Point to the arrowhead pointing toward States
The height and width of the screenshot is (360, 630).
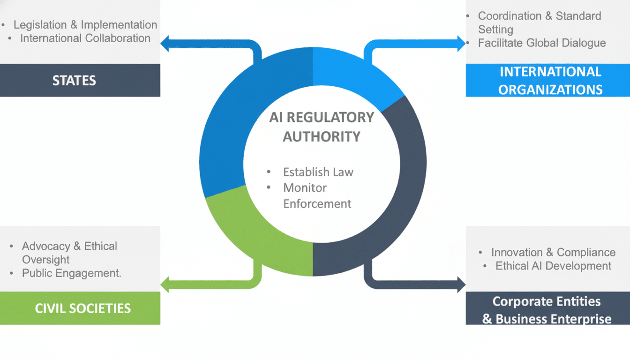pyautogui.click(x=165, y=44)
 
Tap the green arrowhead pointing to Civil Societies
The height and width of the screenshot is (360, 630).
pyautogui.click(x=165, y=284)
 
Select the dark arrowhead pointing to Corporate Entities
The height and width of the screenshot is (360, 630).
pyautogui.click(x=461, y=284)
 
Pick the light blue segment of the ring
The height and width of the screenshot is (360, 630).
pyautogui.click(x=356, y=75)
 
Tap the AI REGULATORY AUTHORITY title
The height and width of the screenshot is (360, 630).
pyautogui.click(x=322, y=127)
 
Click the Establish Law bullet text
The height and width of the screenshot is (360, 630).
pyautogui.click(x=318, y=172)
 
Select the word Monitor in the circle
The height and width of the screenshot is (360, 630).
pyautogui.click(x=305, y=187)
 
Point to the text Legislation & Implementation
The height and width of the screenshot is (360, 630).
pyautogui.click(x=85, y=25)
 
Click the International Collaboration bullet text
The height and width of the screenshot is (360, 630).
pyautogui.click(x=85, y=38)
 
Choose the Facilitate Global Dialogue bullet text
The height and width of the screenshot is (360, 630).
pyautogui.click(x=542, y=43)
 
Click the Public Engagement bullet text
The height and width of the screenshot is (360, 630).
pyautogui.click(x=71, y=273)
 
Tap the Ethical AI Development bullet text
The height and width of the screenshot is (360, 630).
pyautogui.click(x=553, y=266)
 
